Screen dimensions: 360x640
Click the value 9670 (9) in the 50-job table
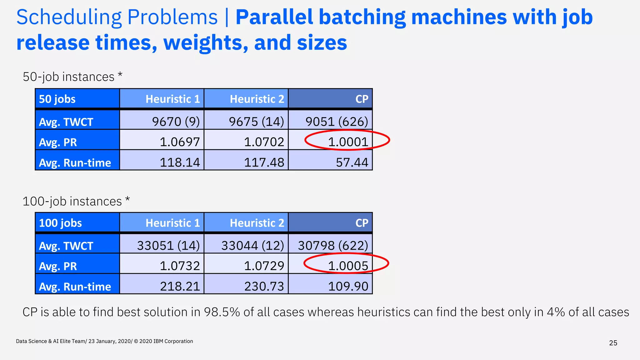tap(176, 121)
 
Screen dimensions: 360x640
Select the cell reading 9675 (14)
tap(256, 121)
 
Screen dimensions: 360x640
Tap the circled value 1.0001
tap(348, 142)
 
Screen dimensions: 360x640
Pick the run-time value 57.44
tap(352, 162)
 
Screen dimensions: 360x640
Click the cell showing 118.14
tap(180, 162)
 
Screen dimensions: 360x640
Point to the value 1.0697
tap(180, 142)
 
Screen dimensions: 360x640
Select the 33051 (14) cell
tap(168, 245)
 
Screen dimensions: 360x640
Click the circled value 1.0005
tap(348, 266)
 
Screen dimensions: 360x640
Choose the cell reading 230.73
tap(264, 286)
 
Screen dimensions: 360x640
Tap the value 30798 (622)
tap(333, 245)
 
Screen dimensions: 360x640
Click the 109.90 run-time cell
tap(348, 286)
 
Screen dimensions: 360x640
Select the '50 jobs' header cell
tap(57, 99)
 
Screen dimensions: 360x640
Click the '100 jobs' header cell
tap(60, 223)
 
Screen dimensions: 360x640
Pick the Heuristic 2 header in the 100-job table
tap(257, 223)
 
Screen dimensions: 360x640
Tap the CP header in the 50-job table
tap(362, 99)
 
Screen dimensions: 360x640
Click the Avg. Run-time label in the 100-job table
tap(75, 287)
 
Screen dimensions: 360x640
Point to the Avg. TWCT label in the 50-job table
tap(66, 122)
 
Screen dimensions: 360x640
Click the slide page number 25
tap(613, 343)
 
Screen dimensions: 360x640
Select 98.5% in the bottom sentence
tap(222, 312)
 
